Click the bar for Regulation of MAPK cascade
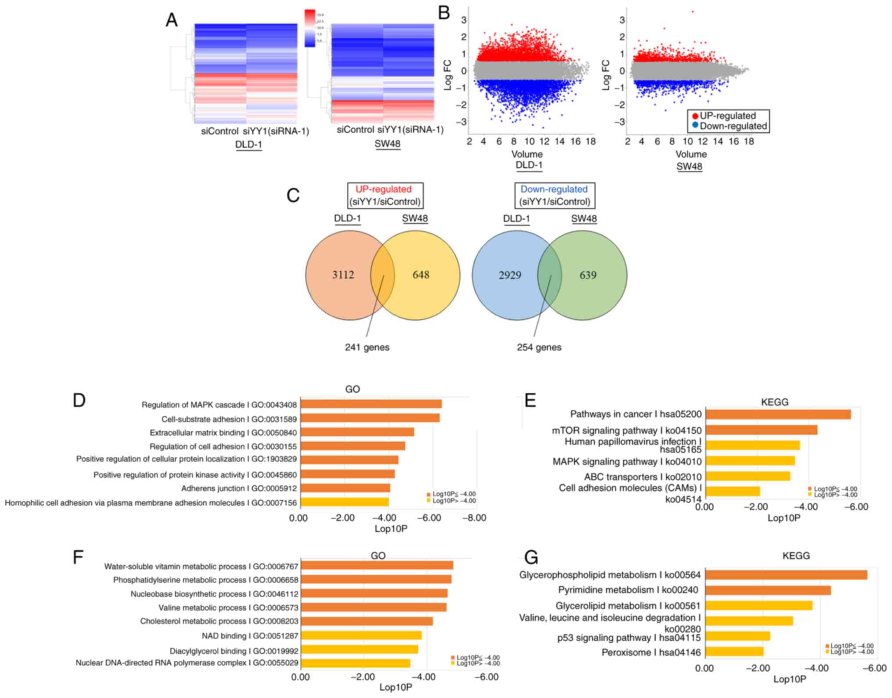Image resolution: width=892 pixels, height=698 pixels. [371, 404]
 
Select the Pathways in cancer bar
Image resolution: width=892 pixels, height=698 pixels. [778, 414]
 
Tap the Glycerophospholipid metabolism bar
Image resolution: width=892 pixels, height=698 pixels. [786, 575]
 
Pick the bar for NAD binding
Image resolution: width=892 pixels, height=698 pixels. [361, 635]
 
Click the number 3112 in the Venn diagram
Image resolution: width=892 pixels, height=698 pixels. [343, 275]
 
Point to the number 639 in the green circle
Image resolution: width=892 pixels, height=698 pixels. [588, 275]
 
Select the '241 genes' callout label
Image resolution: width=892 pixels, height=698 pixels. [367, 347]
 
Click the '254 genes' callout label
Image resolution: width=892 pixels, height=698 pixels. [539, 347]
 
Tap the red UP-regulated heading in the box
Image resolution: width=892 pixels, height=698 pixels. [383, 189]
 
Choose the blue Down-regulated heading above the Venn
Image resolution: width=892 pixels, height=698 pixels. [554, 189]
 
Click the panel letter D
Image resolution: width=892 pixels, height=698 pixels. [79, 400]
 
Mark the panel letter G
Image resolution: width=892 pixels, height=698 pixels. [531, 557]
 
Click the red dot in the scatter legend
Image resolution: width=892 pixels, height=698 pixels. [695, 116]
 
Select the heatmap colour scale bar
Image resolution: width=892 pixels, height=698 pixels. [310, 28]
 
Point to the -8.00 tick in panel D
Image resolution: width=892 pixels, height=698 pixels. [475, 518]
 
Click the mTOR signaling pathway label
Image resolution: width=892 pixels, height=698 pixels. [626, 430]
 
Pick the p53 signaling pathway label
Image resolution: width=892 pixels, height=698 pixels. [629, 638]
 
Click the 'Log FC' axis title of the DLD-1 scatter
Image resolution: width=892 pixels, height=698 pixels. [448, 75]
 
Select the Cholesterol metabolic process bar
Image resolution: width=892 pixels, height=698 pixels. [367, 621]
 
